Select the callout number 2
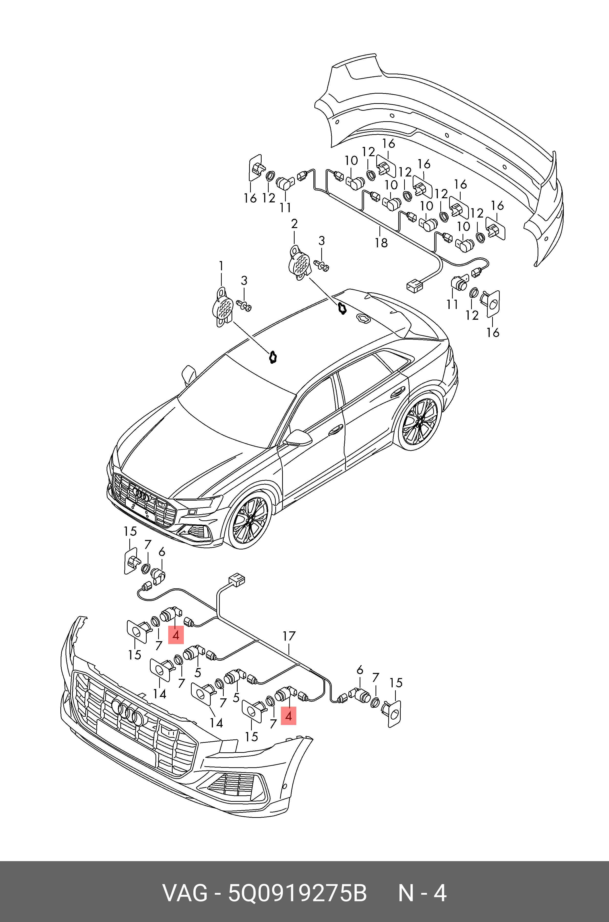click(x=294, y=224)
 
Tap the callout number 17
click(x=289, y=636)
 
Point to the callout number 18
click(x=381, y=243)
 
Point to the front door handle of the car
click(x=336, y=429)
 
